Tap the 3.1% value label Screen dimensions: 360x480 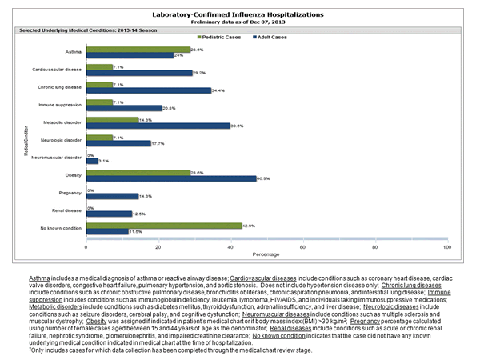pos(102,161)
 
